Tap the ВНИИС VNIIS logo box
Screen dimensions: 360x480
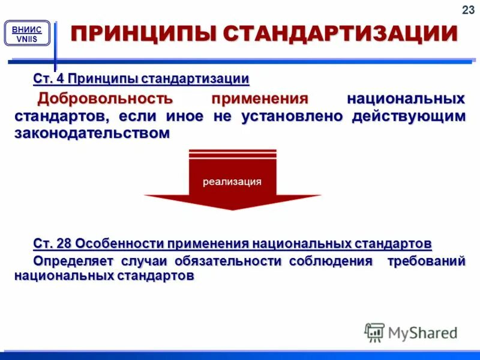tap(27, 33)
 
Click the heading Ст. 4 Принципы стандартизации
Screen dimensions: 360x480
tap(141, 79)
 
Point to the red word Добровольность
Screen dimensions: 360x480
tap(106, 98)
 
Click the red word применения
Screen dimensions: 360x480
tap(260, 98)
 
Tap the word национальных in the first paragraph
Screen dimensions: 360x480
tap(406, 98)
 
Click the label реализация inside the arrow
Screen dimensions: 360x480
tap(232, 182)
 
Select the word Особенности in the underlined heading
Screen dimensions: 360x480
tap(119, 244)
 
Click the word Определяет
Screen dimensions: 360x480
tap(72, 261)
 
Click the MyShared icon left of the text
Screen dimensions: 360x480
tap(374, 332)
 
